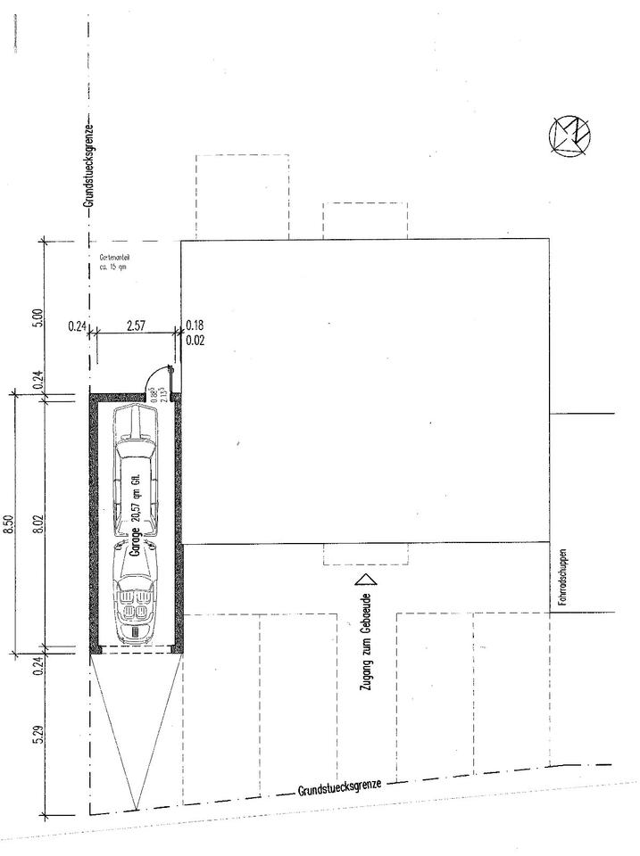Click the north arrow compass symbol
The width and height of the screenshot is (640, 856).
pos(570,136)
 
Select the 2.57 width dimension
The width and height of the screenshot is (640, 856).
pos(136,326)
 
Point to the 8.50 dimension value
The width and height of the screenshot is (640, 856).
pos(10,522)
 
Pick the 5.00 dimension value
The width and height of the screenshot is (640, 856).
pos(37,318)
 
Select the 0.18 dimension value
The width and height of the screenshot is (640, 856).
pos(194,326)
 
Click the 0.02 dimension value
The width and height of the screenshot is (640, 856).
pos(194,340)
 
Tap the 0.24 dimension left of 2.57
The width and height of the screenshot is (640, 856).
pos(76,326)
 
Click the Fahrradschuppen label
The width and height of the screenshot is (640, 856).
pos(563,579)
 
